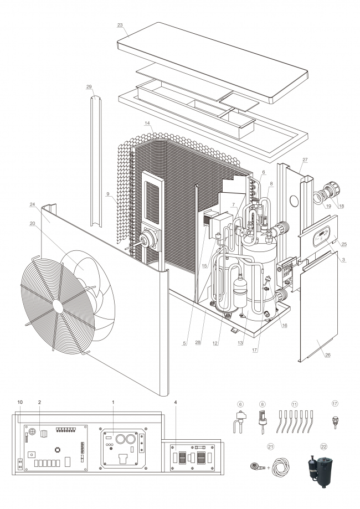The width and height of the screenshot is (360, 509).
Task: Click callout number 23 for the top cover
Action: (120, 25)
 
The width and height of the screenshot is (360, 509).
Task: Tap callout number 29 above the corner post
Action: (89, 86)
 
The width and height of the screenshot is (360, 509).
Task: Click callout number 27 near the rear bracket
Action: (305, 160)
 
